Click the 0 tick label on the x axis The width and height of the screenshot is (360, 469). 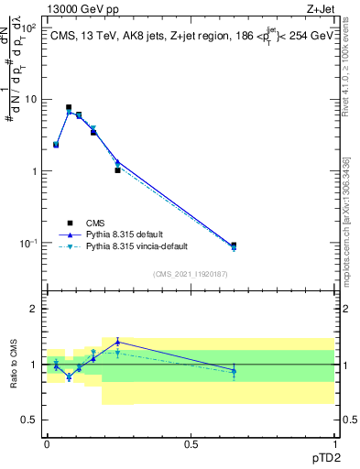click(47, 443)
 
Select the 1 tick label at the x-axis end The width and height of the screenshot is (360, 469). click(334, 443)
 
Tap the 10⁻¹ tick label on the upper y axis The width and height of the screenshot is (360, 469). click(29, 244)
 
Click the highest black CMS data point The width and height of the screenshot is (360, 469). click(69, 107)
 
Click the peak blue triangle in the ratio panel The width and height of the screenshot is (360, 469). click(118, 342)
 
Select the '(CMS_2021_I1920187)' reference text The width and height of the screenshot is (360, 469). click(191, 274)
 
